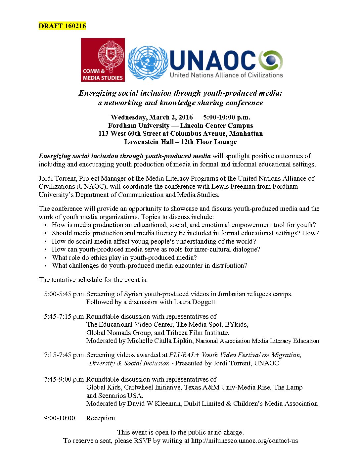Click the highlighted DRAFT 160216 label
[62, 26]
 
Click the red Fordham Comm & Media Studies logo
[103, 60]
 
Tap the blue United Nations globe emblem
[148, 63]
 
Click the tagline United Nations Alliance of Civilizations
[226, 75]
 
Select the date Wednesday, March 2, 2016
[152, 117]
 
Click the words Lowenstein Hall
[149, 142]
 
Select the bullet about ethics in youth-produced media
[124, 257]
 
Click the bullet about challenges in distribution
[150, 265]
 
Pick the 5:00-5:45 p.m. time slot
[65, 294]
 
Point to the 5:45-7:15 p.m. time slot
[65, 316]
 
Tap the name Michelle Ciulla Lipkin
[160, 341]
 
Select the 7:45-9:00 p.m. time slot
[65, 379]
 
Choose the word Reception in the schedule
[101, 418]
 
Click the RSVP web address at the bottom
[245, 441]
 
